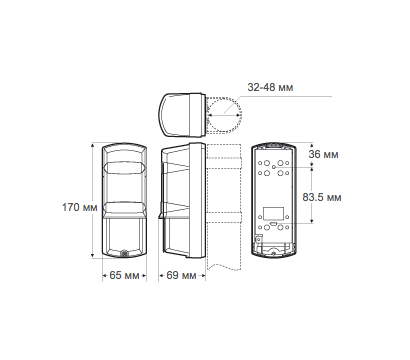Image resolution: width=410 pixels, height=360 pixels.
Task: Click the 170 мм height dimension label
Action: point(80,207)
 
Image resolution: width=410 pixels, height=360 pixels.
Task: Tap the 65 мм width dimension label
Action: point(124,276)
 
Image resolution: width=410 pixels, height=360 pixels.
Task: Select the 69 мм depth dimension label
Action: point(181,276)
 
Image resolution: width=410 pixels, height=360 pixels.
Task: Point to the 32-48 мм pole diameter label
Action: point(270,87)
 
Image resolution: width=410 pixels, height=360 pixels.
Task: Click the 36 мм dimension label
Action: point(323,155)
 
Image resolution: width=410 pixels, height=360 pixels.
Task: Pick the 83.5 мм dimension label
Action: point(322,197)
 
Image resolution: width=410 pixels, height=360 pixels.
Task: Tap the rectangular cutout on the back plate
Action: point(274,213)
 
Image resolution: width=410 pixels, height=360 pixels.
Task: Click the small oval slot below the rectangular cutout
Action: point(274,223)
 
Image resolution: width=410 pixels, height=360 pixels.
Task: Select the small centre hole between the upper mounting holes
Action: point(274,167)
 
